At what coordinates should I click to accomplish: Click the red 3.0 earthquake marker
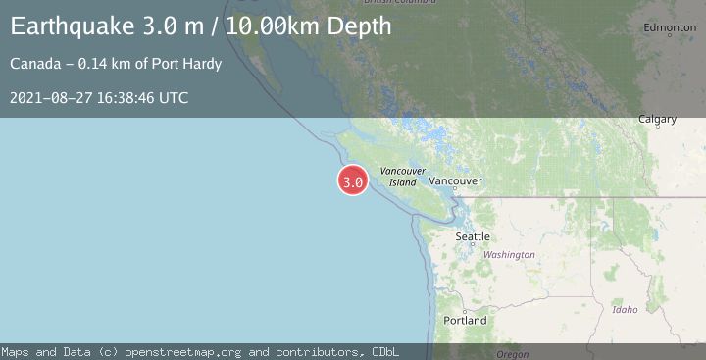pos(353,181)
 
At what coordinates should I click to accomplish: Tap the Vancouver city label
pos(456,181)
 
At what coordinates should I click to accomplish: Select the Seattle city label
pos(473,236)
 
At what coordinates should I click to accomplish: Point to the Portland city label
pos(465,321)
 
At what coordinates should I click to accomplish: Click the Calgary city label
pos(658,120)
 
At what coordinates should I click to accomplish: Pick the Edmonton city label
pos(671,28)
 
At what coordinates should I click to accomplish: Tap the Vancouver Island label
pos(403,177)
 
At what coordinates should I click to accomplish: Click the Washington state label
pos(509,255)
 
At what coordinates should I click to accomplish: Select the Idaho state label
pos(625,310)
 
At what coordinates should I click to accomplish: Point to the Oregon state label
pos(512,354)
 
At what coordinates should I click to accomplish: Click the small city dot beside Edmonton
pos(671,36)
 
